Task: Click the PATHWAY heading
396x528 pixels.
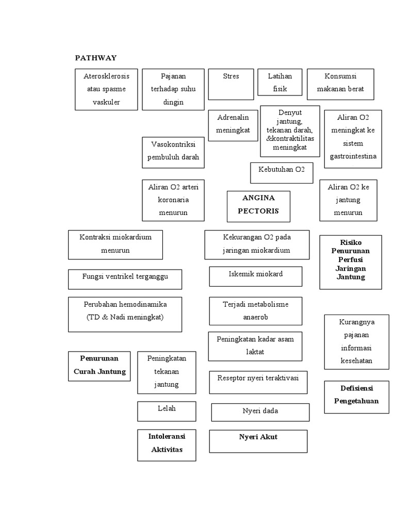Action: pos(96,58)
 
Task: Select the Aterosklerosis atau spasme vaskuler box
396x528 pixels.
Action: pos(106,89)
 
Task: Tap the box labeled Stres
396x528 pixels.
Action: pos(231,84)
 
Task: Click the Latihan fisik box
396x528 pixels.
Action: pos(280,83)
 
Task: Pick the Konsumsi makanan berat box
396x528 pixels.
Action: pos(340,84)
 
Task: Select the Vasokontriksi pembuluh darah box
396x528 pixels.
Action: pos(173,152)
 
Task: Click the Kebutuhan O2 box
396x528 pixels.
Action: pos(282,173)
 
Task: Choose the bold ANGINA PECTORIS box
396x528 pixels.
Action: pos(258,206)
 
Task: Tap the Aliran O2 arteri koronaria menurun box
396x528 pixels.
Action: pos(173,200)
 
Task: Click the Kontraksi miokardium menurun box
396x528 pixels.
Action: pos(115,244)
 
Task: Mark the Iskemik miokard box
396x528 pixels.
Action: pos(256,276)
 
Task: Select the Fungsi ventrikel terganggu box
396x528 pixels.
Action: pos(125,279)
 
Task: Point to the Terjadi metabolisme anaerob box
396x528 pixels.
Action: pos(256,311)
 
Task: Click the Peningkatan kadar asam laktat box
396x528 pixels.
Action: pos(255,346)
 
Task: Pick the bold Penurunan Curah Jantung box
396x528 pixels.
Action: pos(100,366)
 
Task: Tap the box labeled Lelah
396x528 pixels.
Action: pos(167,411)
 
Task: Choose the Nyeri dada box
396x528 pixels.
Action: pos(260,412)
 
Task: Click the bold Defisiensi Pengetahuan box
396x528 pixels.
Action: pos(356,397)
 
